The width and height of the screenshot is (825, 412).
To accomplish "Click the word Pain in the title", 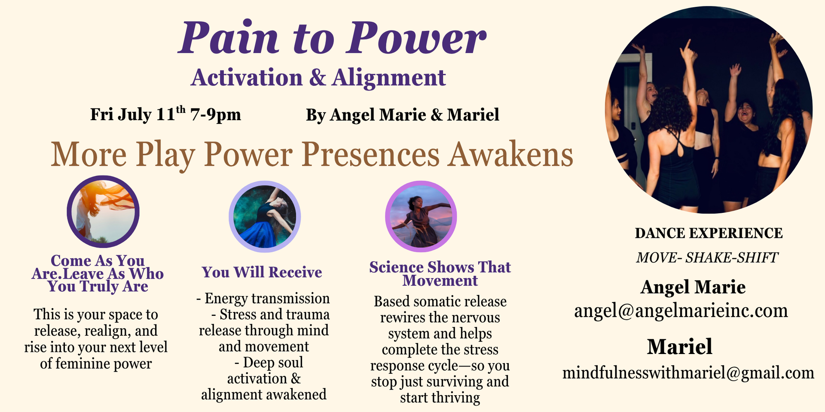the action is (229, 38).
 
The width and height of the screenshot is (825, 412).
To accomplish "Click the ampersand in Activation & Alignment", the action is (318, 78).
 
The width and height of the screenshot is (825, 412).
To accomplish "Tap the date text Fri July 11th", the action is (138, 114).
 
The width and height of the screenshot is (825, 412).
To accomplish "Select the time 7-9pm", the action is (216, 115).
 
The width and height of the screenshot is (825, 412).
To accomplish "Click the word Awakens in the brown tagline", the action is (510, 154).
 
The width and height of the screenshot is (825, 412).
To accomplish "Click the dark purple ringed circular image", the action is (103, 212).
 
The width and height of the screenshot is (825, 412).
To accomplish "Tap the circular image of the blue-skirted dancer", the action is (264, 216).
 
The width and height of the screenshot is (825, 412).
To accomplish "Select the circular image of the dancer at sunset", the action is (421, 216).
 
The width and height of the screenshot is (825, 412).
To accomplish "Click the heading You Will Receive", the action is (262, 272).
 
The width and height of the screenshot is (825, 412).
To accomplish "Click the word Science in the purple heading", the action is (396, 267).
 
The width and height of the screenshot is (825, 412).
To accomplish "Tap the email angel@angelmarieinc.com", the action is (681, 311).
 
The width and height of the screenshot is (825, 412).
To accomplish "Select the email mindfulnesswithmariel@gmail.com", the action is (688, 373).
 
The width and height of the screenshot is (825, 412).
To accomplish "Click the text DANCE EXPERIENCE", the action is (709, 233).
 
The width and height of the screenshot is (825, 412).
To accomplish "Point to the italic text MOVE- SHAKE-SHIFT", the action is (707, 257).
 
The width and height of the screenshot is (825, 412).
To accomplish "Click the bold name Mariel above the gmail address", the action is (680, 347).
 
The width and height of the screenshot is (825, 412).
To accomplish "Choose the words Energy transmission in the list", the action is (267, 298).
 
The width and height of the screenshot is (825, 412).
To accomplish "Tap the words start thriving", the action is (440, 398).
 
